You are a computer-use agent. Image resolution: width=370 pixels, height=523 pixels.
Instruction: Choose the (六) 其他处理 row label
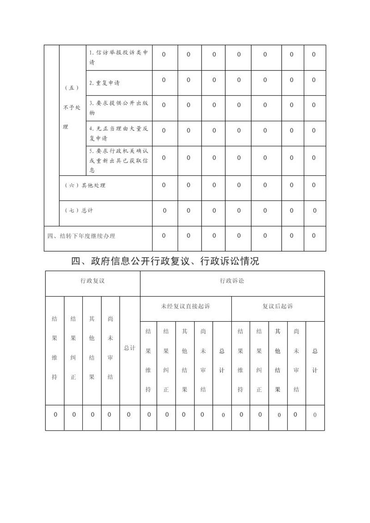pos(86,185)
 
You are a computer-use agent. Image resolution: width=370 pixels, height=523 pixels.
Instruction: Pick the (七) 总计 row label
pos(79,210)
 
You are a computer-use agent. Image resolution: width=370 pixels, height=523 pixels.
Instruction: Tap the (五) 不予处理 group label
pos(72,107)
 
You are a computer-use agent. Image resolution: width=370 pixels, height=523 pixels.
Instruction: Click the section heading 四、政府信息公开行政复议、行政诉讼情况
pos(165,261)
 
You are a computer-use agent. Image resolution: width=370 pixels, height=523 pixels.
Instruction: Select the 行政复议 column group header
pos(92,281)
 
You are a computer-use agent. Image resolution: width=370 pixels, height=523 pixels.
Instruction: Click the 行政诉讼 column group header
pos(232,281)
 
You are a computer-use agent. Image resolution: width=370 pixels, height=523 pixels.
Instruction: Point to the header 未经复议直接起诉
pos(185,306)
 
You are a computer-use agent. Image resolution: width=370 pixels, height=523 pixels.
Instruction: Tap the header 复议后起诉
pos(277,306)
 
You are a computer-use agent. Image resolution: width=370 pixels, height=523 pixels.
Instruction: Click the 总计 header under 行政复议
pos(129,348)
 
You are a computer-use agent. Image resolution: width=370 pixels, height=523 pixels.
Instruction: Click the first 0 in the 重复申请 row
pos(164,80)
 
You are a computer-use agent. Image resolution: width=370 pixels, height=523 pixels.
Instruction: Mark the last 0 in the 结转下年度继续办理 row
pos(314,236)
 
